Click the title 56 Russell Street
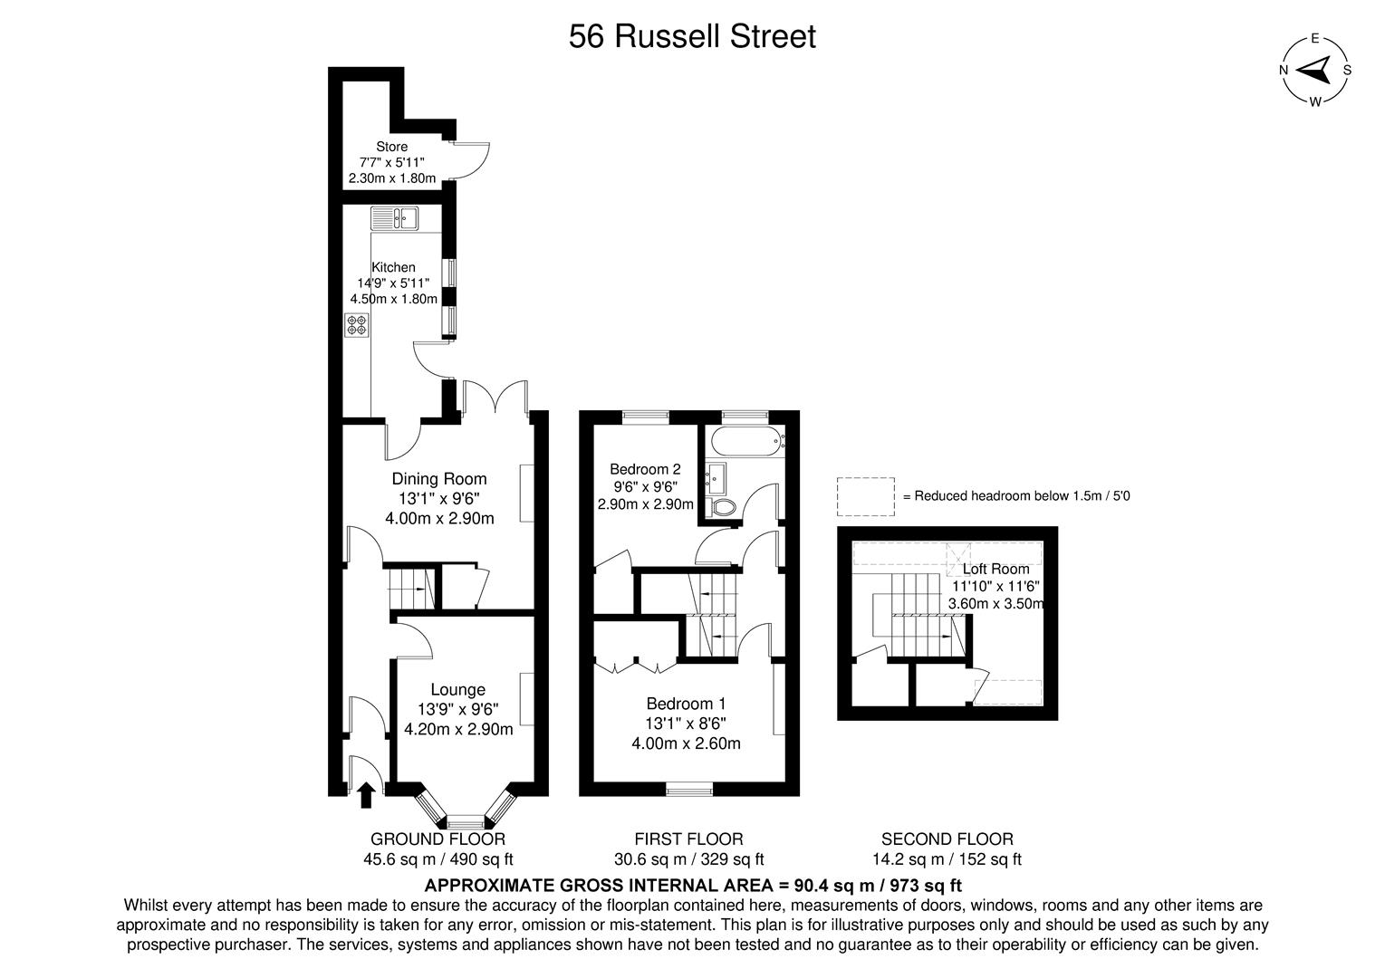coord(692,37)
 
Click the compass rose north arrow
coord(1313,70)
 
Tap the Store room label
coord(391,147)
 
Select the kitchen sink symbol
coord(393,218)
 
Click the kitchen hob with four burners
coord(357,325)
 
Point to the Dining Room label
coord(438,479)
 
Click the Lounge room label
coord(457,690)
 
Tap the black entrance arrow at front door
coord(366,795)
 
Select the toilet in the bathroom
coord(724,508)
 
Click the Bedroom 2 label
coord(644,469)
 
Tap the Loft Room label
coord(995,569)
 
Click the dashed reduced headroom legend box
coord(865,496)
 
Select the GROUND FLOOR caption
coord(438,839)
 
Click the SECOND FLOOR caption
coord(947,839)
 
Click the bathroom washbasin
coord(715,475)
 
